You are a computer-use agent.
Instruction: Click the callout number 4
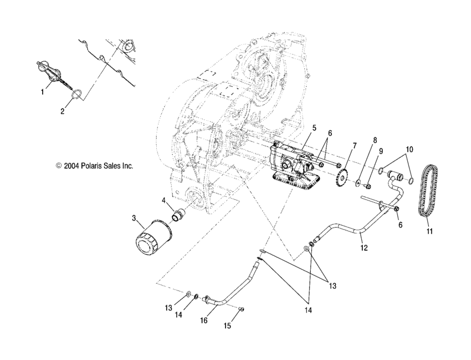click(x=164, y=200)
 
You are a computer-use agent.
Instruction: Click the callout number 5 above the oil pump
click(x=314, y=128)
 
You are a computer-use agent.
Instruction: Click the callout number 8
click(x=375, y=140)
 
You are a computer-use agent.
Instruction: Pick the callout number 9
click(x=381, y=151)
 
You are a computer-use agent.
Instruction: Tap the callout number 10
click(x=410, y=150)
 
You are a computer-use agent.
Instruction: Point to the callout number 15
click(x=227, y=326)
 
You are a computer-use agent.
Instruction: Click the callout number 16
click(x=204, y=320)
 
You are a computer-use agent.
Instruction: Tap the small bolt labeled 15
click(x=242, y=309)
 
